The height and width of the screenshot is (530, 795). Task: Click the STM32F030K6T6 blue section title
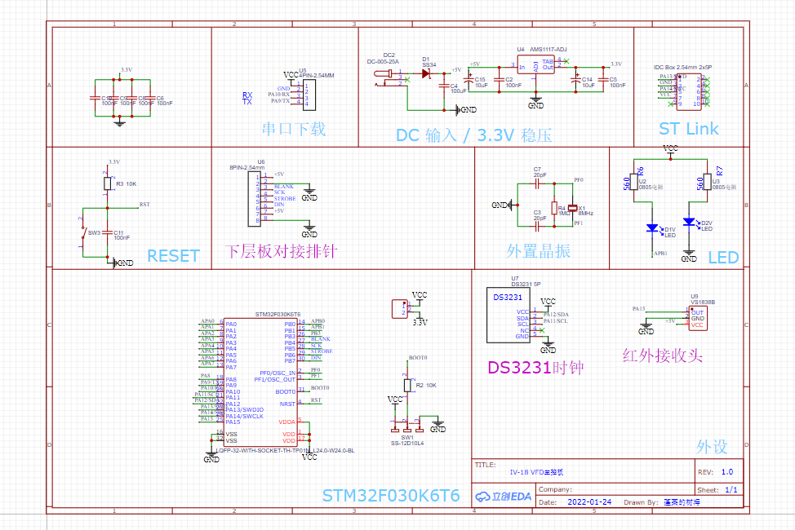click(391, 495)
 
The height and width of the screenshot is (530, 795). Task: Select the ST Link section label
click(689, 129)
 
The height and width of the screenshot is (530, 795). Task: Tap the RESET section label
click(173, 256)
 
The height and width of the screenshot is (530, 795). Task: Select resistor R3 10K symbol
click(107, 184)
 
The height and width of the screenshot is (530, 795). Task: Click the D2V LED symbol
click(689, 222)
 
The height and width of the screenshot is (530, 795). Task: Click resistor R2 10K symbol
click(406, 385)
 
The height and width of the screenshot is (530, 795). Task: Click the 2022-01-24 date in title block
click(589, 502)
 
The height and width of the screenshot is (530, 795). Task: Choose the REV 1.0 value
click(726, 471)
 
